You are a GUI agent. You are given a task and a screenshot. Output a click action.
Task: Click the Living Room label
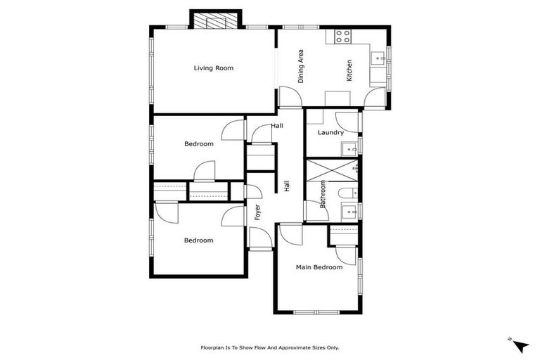[213, 68]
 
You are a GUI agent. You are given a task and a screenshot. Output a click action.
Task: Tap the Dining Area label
[301, 66]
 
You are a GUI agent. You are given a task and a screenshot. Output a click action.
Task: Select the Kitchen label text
[349, 70]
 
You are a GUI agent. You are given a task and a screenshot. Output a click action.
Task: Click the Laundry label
[330, 132]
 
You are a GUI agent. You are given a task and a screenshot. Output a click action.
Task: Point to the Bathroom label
[323, 195]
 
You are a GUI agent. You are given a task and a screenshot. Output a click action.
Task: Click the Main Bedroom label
[319, 267]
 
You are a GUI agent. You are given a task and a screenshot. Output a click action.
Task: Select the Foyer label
[257, 212]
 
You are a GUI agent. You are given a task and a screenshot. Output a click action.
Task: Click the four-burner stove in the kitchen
[343, 37]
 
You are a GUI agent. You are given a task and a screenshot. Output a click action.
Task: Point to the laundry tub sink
[349, 148]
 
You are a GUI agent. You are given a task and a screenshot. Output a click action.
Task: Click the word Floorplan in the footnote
[214, 347]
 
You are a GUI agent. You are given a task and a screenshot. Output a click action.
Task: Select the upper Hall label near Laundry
[277, 126]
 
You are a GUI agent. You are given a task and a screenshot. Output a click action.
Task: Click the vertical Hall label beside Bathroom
[287, 186]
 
